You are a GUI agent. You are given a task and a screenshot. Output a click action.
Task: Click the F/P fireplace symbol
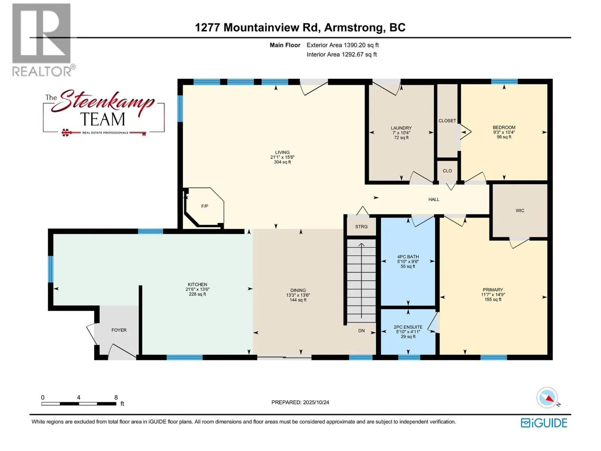[x=204, y=206]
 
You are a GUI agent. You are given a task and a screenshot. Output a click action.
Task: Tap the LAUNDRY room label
[x=401, y=128]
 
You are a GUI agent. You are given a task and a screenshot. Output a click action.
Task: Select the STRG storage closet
[x=361, y=227]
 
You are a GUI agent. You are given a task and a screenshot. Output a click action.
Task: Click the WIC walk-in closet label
[x=520, y=210]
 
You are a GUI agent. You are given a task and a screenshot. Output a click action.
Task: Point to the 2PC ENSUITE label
[x=408, y=327]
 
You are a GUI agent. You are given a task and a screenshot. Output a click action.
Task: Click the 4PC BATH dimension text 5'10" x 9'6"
[x=408, y=262]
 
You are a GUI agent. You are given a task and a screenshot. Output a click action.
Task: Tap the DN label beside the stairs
[x=361, y=331]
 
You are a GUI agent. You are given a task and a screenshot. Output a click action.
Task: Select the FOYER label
[x=119, y=330]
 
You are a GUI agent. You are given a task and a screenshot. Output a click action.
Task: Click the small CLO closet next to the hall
[x=447, y=171]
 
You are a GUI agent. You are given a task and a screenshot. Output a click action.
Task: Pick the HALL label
[x=434, y=200]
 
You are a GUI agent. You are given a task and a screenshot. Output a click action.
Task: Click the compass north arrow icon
[x=547, y=398]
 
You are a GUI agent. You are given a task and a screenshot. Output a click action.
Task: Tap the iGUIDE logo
[x=544, y=423]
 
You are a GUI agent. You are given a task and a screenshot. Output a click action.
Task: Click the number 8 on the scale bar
[x=116, y=397]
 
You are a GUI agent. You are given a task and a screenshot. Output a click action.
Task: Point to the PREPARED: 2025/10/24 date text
[x=300, y=402]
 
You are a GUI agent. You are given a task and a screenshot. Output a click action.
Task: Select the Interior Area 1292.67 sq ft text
[x=341, y=54]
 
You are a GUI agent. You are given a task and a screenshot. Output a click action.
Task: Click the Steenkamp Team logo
[x=103, y=112]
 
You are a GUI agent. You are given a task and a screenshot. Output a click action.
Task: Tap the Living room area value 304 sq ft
[x=282, y=162]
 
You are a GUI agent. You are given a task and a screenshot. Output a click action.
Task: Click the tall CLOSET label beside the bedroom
[x=447, y=121]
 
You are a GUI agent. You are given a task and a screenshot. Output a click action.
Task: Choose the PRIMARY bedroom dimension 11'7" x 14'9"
[x=493, y=295]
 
